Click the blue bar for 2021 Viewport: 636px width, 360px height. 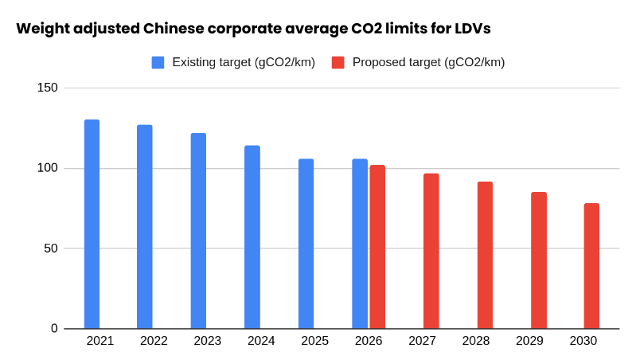pyautogui.click(x=92, y=224)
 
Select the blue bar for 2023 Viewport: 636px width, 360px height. pyautogui.click(x=198, y=231)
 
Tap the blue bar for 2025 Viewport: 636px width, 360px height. pyautogui.click(x=306, y=244)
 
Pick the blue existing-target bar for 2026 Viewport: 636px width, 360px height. pyautogui.click(x=360, y=244)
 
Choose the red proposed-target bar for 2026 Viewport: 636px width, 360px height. pyautogui.click(x=377, y=247)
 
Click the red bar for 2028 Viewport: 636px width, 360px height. pyautogui.click(x=485, y=255)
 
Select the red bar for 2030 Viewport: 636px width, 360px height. pyautogui.click(x=591, y=266)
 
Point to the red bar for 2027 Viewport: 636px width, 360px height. pyautogui.click(x=431, y=251)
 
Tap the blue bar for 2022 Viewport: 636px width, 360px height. pyautogui.click(x=144, y=227)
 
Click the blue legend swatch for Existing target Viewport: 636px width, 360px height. pyautogui.click(x=158, y=62)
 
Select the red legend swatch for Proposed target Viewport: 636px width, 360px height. pyautogui.click(x=338, y=62)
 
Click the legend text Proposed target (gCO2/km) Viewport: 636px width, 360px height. pyautogui.click(x=428, y=62)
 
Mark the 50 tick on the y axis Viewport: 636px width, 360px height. pyautogui.click(x=51, y=248)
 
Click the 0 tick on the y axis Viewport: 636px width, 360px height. pyautogui.click(x=54, y=328)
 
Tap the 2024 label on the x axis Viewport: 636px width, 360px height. pyautogui.click(x=261, y=341)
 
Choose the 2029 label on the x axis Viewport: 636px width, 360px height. pyautogui.click(x=529, y=341)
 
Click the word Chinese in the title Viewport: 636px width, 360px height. pyautogui.click(x=174, y=29)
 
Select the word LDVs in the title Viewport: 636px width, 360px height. pyautogui.click(x=471, y=29)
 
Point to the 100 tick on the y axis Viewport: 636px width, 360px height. pyautogui.click(x=48, y=168)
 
